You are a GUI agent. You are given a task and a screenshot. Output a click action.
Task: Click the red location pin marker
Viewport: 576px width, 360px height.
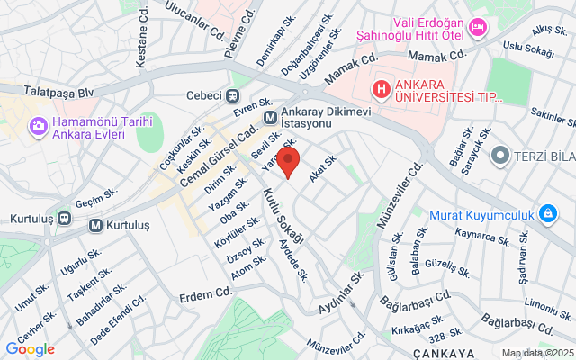click(x=287, y=164)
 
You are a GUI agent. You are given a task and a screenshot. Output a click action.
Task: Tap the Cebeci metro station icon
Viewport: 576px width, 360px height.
click(x=232, y=96)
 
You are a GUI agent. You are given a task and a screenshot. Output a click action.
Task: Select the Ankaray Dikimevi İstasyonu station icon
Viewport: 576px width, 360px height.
click(x=270, y=117)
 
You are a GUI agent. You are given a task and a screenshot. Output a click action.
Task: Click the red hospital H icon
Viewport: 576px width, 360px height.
click(x=382, y=89)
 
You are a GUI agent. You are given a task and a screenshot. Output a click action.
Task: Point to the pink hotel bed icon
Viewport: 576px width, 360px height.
click(x=479, y=29)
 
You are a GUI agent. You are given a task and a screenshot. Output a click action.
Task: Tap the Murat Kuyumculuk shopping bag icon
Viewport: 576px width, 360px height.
click(x=546, y=214)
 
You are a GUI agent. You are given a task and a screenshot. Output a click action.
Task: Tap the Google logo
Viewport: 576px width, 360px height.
click(x=30, y=349)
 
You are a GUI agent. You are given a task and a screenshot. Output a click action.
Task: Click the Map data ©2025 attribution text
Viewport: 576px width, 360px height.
click(x=536, y=353)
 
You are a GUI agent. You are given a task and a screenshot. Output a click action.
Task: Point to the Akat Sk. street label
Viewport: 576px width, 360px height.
click(x=323, y=168)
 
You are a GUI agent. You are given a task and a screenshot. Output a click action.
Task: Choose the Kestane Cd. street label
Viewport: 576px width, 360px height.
click(x=140, y=46)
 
